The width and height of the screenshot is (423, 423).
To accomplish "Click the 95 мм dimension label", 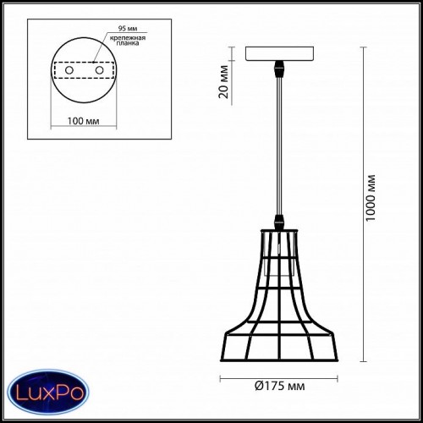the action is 128,29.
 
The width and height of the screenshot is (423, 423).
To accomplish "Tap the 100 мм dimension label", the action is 83,121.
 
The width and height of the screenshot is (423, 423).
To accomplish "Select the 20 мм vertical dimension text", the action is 223,82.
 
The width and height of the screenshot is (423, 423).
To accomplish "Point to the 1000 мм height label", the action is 371,198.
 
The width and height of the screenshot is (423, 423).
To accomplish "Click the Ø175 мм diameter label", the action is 279,386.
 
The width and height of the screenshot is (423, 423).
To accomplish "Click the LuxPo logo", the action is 48,392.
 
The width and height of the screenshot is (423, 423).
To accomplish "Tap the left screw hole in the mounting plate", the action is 69,70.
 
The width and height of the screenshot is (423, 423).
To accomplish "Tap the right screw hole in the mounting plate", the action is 99,70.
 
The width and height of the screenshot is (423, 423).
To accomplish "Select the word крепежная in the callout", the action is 128,38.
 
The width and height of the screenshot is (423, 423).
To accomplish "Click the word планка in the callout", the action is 128,43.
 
